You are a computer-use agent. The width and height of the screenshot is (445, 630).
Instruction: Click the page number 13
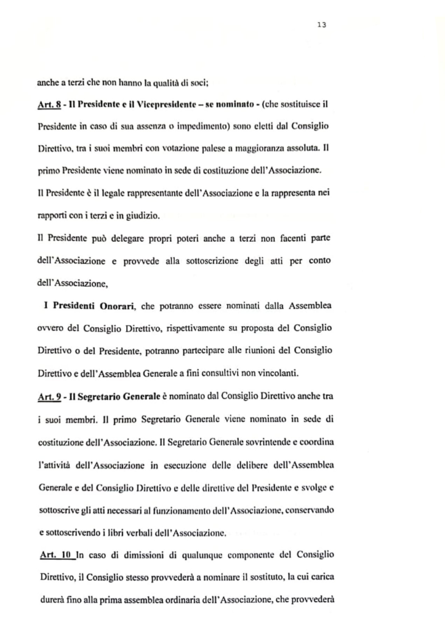(321, 25)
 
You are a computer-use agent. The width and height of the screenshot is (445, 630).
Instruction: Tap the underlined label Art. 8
(49, 104)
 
